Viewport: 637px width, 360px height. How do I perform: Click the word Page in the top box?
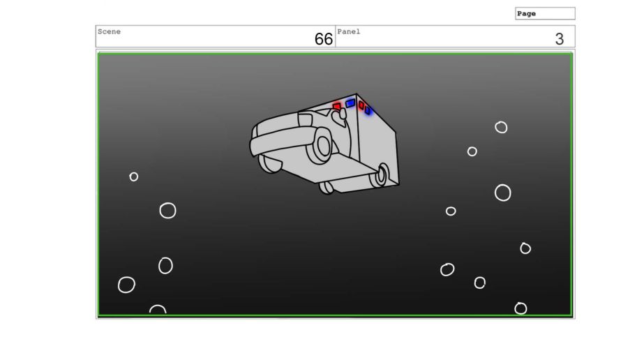[x=526, y=14]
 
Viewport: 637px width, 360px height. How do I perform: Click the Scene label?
[x=109, y=31]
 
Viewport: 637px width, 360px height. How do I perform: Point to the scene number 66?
[x=323, y=39]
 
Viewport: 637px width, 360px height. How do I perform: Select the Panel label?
[x=349, y=31]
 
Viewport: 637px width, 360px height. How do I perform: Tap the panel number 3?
[x=560, y=39]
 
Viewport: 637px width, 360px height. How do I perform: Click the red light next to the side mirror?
[x=337, y=106]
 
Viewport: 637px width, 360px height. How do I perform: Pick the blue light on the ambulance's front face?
[x=350, y=104]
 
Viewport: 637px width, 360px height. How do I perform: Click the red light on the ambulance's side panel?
[x=361, y=105]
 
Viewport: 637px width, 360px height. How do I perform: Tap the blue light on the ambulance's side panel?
[x=368, y=110]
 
